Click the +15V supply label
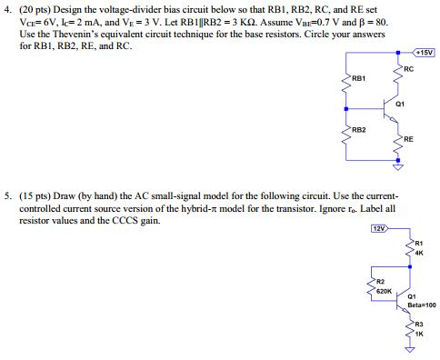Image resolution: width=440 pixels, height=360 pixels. pyautogui.click(x=424, y=52)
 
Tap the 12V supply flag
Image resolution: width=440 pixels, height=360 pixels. pyautogui.click(x=379, y=228)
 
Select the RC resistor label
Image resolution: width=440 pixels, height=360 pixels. pyautogui.click(x=408, y=68)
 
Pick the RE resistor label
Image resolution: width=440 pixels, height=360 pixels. pyautogui.click(x=408, y=138)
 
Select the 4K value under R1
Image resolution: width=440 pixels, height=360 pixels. pyautogui.click(x=418, y=252)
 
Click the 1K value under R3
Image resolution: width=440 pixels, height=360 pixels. pyautogui.click(x=418, y=333)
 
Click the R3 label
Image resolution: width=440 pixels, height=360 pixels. pyautogui.click(x=418, y=325)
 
